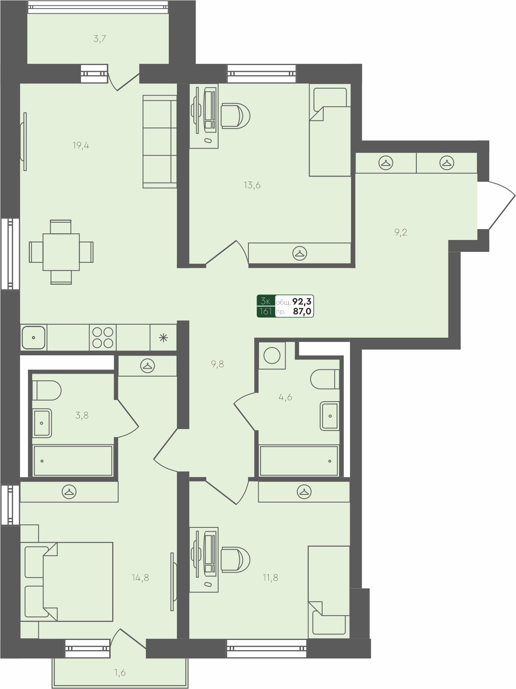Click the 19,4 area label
pyautogui.click(x=81, y=145)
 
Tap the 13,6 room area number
pyautogui.click(x=252, y=185)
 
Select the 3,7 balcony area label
pyautogui.click(x=100, y=39)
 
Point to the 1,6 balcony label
pyautogui.click(x=120, y=673)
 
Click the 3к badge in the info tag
pyautogui.click(x=266, y=301)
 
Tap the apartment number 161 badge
pyautogui.click(x=266, y=312)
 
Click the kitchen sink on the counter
pyautogui.click(x=33, y=337)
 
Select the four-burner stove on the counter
pyautogui.click(x=103, y=337)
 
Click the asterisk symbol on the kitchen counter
pyautogui.click(x=163, y=337)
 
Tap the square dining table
pyautogui.click(x=61, y=252)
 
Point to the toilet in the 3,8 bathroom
pyautogui.click(x=47, y=390)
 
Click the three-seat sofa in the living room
pyautogui.click(x=160, y=141)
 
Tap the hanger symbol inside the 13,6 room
pyautogui.click(x=300, y=253)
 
